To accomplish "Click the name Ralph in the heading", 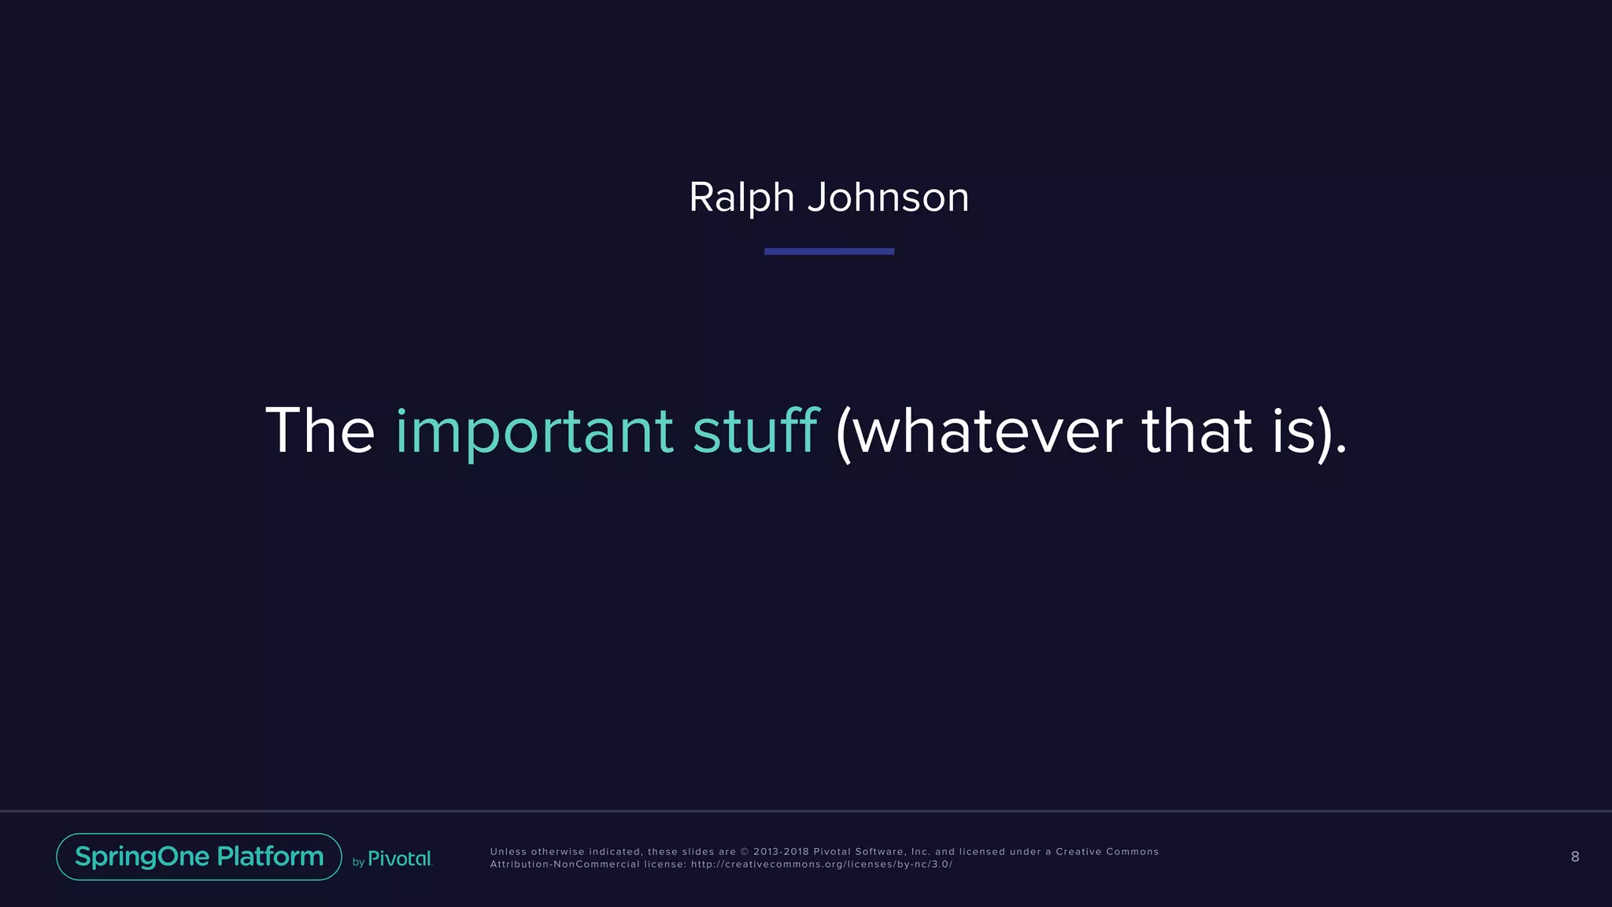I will click(x=741, y=197).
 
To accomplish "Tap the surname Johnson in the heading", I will click(x=888, y=197).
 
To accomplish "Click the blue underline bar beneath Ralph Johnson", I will click(x=829, y=251).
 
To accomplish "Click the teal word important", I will click(x=534, y=431).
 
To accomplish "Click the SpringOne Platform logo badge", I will click(x=199, y=857).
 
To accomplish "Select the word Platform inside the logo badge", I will click(x=270, y=857).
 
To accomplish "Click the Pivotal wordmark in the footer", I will click(x=400, y=859).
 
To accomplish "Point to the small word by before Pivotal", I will click(x=358, y=862).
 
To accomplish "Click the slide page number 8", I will click(x=1574, y=857).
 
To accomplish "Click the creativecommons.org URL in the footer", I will click(x=822, y=864).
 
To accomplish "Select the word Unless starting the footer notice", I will click(x=508, y=852).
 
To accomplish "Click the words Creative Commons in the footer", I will click(x=1107, y=852).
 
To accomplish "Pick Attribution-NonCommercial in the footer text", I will click(x=564, y=864).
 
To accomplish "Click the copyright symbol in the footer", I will click(x=745, y=852).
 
